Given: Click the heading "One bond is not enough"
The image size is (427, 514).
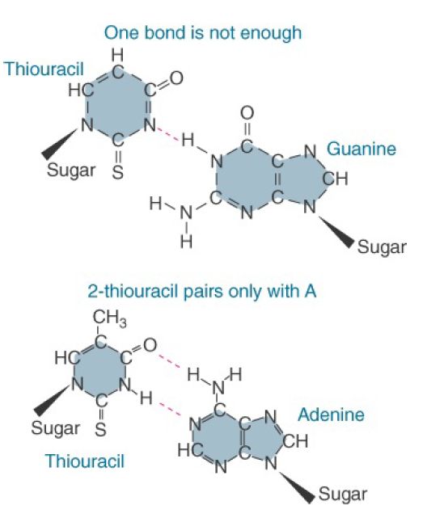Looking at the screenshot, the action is point(203,33).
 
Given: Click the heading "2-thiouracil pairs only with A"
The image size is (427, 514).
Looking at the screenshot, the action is point(201,291).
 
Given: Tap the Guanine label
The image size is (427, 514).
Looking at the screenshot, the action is point(361,149).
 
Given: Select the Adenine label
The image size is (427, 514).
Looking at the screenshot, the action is point(332,415).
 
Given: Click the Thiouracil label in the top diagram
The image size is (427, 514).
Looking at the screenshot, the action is point(44,69).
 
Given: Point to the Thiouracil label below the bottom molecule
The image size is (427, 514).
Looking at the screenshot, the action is point(85,461).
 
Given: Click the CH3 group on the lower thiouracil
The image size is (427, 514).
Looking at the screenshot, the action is point(109,318).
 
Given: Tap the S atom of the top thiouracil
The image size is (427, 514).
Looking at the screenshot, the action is point(118,172).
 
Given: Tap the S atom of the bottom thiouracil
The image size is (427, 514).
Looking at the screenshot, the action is point(100,429).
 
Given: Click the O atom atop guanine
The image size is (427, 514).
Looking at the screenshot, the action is point(247,113).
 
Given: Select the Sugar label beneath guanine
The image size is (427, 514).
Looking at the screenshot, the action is point(382,246).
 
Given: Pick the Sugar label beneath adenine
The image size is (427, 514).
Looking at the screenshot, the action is point(343,494).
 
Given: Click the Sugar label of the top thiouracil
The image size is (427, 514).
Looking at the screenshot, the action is point(71,171).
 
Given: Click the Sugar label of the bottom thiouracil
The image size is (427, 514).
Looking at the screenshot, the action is point(56,428).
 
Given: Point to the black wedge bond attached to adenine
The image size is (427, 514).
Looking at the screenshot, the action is point(297,487).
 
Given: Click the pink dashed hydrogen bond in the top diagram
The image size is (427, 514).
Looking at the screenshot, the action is point(168,135).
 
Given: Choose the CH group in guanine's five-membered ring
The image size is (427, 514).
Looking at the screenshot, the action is point(335,179).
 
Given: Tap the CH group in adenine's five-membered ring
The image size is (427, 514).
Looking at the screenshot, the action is point(295,441).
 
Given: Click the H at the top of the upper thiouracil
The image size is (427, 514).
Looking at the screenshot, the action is point(118,55).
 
